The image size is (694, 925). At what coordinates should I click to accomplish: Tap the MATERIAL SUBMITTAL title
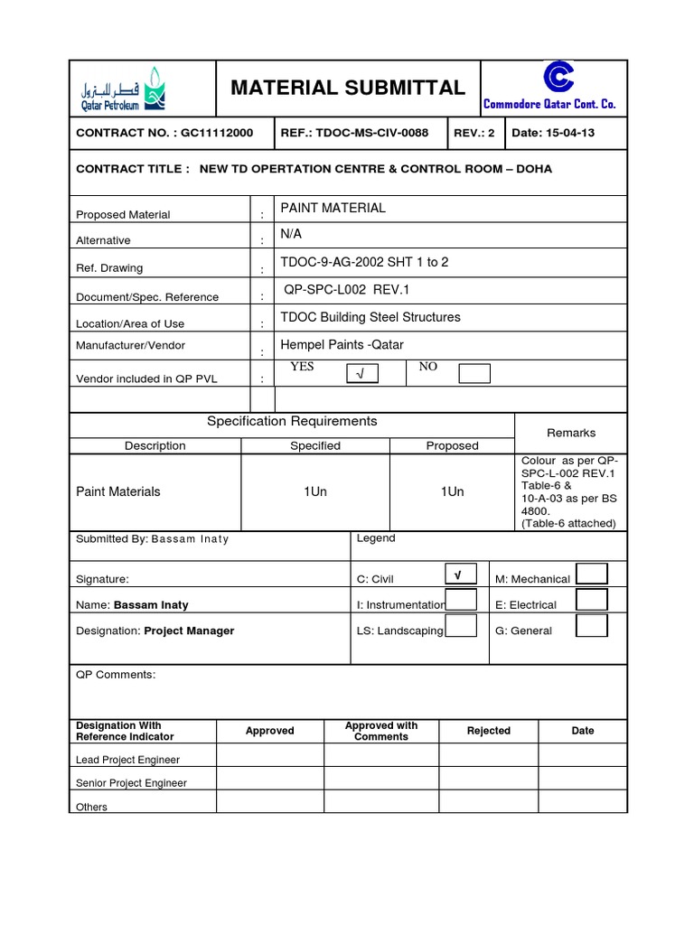tap(348, 88)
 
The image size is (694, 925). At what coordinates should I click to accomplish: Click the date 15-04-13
tap(567, 134)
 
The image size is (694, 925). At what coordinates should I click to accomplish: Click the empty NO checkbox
tap(474, 373)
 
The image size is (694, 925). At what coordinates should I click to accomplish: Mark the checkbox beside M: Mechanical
tap(592, 574)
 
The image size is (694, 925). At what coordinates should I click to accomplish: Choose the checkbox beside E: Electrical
tap(592, 601)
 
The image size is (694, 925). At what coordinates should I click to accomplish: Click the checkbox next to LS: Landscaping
tap(461, 626)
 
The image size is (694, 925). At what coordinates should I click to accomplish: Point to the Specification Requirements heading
tap(292, 422)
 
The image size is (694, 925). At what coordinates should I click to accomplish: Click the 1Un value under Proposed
tap(452, 491)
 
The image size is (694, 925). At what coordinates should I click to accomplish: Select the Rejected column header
tap(489, 731)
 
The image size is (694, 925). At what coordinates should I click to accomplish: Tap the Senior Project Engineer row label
tap(132, 783)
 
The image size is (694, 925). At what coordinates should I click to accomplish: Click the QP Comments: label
tap(117, 675)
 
